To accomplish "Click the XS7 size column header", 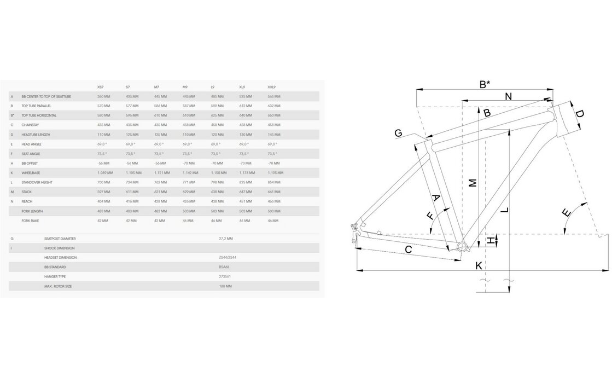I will pyautogui.click(x=100, y=87).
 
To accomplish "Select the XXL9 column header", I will pyautogui.click(x=271, y=87).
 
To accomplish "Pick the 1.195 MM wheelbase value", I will pyautogui.click(x=274, y=173).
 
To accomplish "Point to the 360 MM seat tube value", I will pyautogui.click(x=103, y=96).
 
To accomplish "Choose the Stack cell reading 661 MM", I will pyautogui.click(x=273, y=192).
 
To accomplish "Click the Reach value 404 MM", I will pyautogui.click(x=103, y=201).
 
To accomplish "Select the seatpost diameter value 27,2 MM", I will pyautogui.click(x=225, y=239).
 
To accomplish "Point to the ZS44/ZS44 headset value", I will pyautogui.click(x=227, y=258).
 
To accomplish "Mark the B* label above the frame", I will pyautogui.click(x=485, y=84).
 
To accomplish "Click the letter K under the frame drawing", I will pyautogui.click(x=479, y=265).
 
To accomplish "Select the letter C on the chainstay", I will pyautogui.click(x=408, y=250).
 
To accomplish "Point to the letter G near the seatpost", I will pyautogui.click(x=398, y=133).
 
